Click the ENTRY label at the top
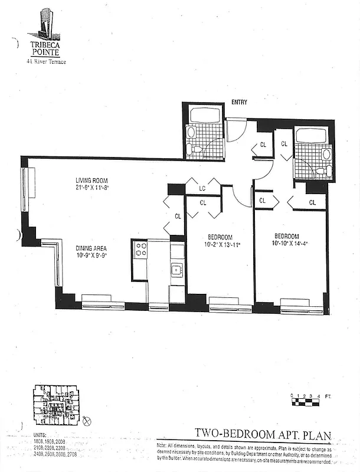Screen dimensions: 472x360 click(238, 102)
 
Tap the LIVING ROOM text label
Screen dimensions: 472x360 click(91, 181)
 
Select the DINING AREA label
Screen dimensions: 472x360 click(91, 248)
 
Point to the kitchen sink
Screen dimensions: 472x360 click(176, 270)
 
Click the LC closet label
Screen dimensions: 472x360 click(202, 189)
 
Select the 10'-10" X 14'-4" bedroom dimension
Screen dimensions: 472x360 click(290, 242)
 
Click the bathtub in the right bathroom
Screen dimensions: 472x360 click(314, 135)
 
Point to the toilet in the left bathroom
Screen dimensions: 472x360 click(191, 147)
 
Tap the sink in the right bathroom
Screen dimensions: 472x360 click(326, 155)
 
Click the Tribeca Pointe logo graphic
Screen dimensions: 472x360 click(44, 24)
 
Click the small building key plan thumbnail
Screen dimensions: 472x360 click(55, 405)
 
